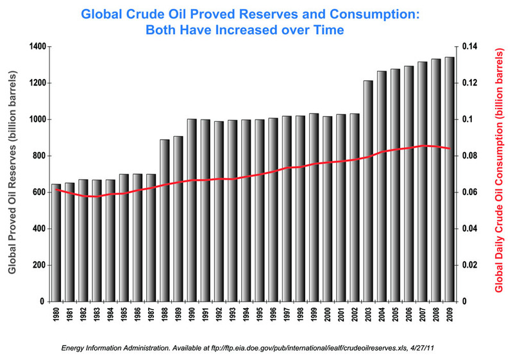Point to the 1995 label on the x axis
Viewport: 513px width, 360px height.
[260, 320]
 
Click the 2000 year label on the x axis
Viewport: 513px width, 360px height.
[328, 320]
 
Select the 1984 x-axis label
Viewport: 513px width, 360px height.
[110, 320]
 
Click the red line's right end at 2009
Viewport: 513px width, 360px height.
[450, 148]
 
